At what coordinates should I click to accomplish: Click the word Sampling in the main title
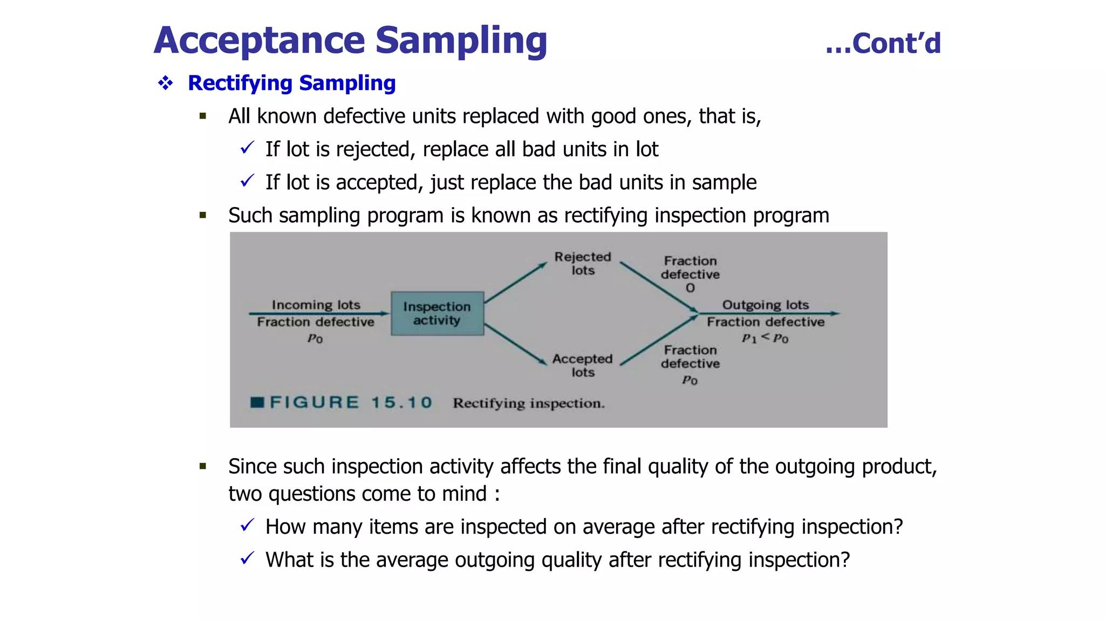(x=461, y=41)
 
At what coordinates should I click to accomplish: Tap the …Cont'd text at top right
(x=883, y=44)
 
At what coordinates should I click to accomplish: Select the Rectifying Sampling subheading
(x=291, y=83)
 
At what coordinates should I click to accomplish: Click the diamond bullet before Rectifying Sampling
(x=165, y=83)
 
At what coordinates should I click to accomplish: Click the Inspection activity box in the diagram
(x=437, y=313)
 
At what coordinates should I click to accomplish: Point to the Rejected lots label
(x=582, y=263)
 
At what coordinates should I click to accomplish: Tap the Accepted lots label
(x=582, y=365)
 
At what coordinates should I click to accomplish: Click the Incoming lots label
(x=316, y=305)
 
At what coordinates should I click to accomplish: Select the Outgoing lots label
(x=765, y=305)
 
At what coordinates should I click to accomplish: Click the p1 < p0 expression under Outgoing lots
(x=765, y=338)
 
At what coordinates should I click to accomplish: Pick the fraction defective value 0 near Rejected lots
(x=690, y=288)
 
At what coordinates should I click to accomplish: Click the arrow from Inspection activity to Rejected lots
(x=515, y=282)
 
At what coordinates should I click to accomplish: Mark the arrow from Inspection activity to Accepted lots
(x=515, y=344)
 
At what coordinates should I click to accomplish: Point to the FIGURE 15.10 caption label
(x=351, y=402)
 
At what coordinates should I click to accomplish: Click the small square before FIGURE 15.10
(x=257, y=402)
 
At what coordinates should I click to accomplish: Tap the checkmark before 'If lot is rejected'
(x=247, y=148)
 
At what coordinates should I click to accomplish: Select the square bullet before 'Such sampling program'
(x=203, y=216)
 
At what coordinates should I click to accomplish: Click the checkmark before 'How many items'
(x=247, y=525)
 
